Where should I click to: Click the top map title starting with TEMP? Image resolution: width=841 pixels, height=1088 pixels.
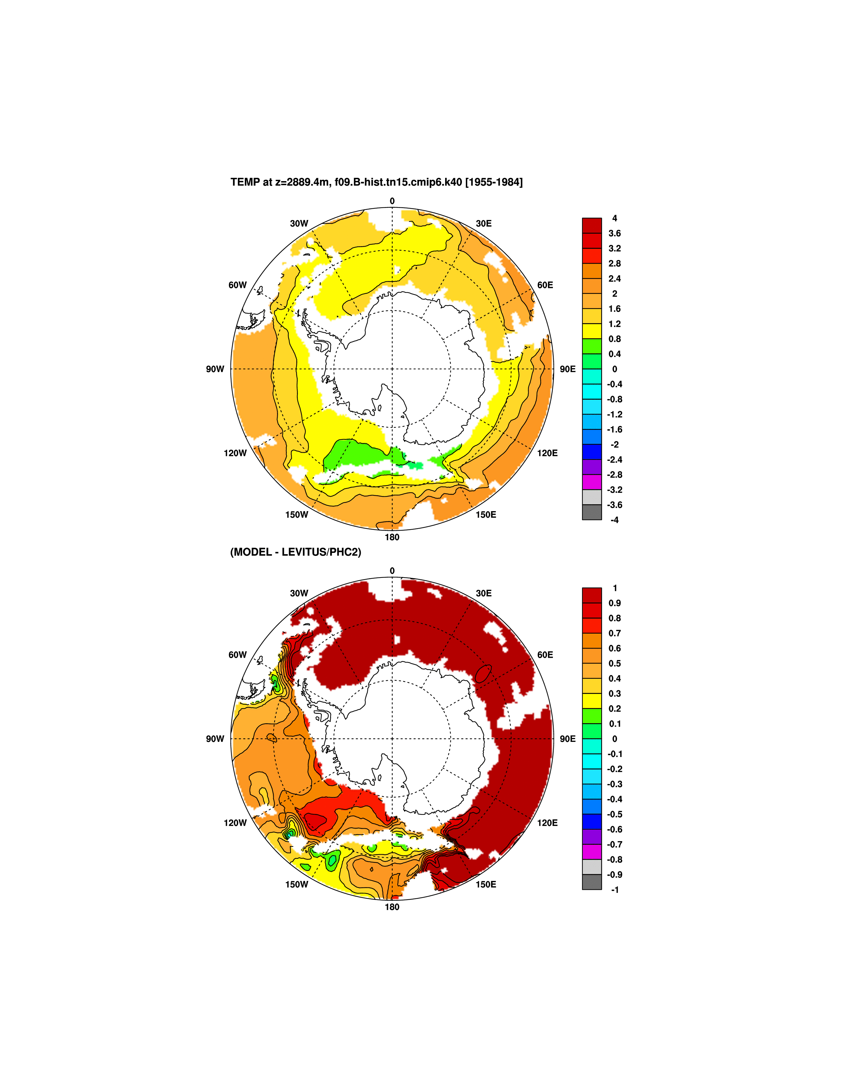click(x=376, y=182)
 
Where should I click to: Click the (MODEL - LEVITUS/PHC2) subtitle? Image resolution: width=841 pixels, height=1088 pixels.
click(x=295, y=552)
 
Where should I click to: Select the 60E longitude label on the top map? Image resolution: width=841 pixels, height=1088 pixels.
click(x=545, y=285)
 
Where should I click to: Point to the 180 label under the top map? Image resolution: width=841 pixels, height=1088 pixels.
click(x=392, y=537)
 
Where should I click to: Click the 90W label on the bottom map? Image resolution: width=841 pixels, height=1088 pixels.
click(x=215, y=739)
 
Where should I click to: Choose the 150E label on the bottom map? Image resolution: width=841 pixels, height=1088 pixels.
click(x=486, y=884)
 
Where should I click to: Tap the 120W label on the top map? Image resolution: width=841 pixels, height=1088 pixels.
click(x=235, y=453)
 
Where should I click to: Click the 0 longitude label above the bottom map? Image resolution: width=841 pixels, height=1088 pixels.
click(x=392, y=571)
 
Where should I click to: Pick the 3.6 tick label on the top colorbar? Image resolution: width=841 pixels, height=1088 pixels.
click(x=614, y=233)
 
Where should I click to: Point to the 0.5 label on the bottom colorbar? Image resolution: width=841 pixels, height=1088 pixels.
click(x=614, y=664)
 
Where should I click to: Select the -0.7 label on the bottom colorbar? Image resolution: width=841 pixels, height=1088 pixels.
click(x=614, y=844)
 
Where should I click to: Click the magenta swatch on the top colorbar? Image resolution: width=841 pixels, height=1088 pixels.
click(x=592, y=482)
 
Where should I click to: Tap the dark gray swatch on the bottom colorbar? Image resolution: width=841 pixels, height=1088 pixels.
click(x=592, y=882)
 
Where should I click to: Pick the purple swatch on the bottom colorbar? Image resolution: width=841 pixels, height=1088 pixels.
click(x=592, y=837)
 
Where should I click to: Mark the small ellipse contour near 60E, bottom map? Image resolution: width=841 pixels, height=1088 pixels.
click(x=483, y=674)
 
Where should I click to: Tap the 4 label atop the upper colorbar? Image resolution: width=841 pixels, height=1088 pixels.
click(x=614, y=218)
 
